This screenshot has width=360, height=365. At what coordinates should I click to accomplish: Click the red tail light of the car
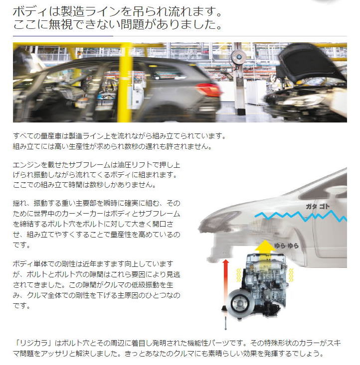[209, 90]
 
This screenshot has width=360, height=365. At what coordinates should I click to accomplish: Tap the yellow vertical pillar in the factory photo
[125, 83]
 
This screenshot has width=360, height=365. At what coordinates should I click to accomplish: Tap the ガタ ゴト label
[318, 206]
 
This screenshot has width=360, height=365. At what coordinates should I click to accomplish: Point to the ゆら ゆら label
[286, 245]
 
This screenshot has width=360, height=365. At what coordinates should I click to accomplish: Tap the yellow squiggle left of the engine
[238, 275]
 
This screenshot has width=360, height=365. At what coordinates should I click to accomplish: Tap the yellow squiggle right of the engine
[291, 275]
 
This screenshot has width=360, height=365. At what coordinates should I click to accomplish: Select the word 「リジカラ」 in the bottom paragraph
[33, 343]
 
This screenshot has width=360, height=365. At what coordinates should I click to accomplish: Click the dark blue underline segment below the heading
[63, 36]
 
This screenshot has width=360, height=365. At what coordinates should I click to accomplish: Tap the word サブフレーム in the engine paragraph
[90, 165]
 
